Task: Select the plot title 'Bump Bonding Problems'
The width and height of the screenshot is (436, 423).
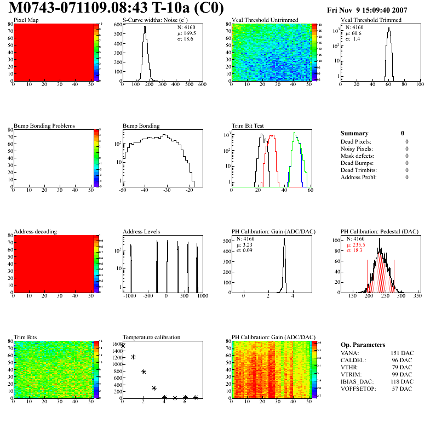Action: click(44, 125)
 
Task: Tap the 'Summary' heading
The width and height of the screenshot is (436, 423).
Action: click(354, 133)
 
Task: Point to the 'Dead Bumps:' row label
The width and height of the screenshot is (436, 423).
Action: click(357, 163)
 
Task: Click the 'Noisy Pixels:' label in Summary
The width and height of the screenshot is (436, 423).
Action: click(357, 148)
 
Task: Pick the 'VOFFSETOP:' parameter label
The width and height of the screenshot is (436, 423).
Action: click(358, 388)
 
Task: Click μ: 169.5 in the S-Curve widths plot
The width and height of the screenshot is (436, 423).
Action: click(187, 33)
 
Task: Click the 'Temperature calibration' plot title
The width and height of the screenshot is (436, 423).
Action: click(152, 337)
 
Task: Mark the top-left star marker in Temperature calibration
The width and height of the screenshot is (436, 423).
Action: click(123, 345)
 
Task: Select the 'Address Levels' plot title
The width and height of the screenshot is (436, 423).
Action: click(142, 231)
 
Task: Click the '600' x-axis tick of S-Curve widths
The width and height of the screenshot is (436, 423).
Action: click(202, 85)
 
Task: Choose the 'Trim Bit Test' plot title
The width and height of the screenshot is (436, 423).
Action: click(248, 125)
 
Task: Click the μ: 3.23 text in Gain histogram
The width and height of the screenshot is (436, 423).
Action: click(244, 245)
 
